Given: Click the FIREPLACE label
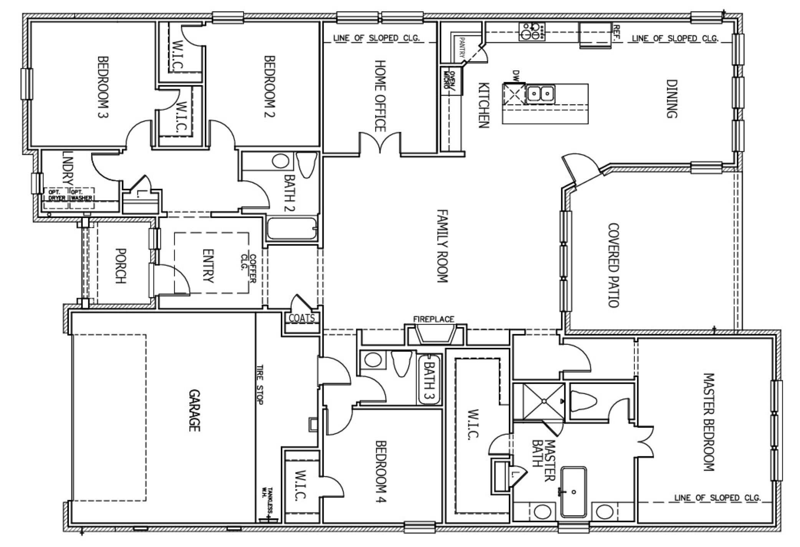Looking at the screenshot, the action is point(433,319).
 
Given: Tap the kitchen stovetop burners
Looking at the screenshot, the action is point(532,31).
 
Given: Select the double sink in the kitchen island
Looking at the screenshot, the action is point(540,93).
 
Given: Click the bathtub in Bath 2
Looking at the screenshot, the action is point(292,229).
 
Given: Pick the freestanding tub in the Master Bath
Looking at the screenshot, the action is point(574,492).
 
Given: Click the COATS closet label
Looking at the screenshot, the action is point(302,318).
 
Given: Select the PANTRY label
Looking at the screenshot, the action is point(462,47).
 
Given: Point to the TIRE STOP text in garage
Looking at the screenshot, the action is point(260,385).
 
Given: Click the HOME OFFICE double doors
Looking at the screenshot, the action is point(380,143).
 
